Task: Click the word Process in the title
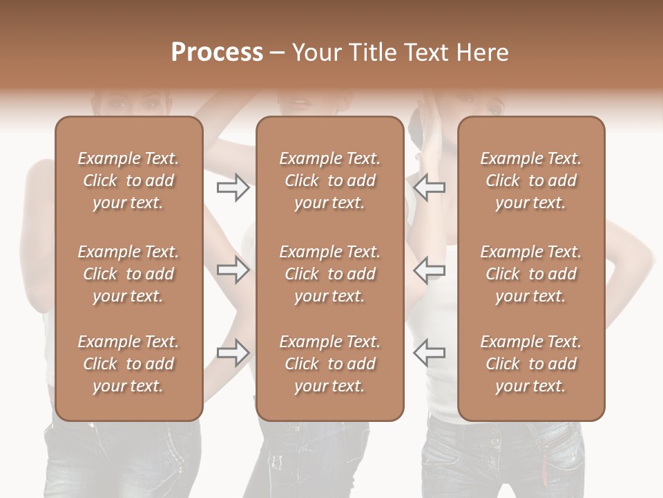(x=217, y=53)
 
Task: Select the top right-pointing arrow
(x=233, y=187)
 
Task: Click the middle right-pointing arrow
(x=233, y=270)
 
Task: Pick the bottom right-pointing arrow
(x=233, y=353)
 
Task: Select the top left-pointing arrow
(x=430, y=187)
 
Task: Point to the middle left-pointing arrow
(x=430, y=270)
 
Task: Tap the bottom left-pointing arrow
(x=430, y=353)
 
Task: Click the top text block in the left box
(x=128, y=181)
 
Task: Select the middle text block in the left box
(x=128, y=274)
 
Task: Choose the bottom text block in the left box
(x=128, y=364)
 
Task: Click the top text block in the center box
(x=330, y=181)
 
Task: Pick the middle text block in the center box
(x=330, y=274)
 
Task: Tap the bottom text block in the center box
(x=330, y=364)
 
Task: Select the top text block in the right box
(x=531, y=181)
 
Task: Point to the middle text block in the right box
(x=531, y=274)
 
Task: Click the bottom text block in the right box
(x=531, y=364)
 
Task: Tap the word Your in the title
(x=315, y=53)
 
